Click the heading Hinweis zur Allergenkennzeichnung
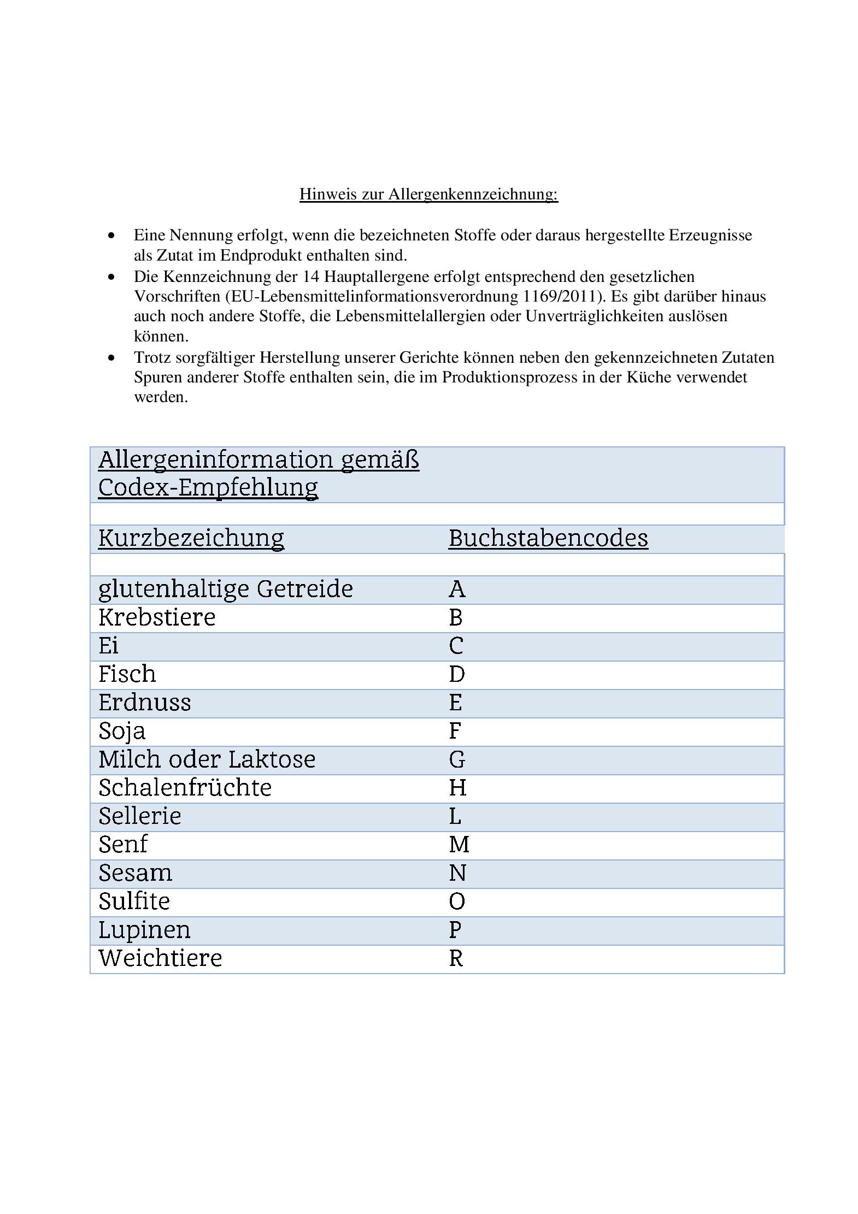point(428,194)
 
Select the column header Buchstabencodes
point(548,538)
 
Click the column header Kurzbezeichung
point(191,538)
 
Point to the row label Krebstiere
point(157,617)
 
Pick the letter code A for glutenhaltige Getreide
point(457,589)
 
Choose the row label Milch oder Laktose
point(207,759)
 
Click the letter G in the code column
point(457,759)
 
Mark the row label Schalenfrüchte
point(185,788)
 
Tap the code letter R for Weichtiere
point(456,958)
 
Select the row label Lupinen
point(144,930)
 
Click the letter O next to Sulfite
point(457,901)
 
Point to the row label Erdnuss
point(145,703)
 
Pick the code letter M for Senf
point(459,845)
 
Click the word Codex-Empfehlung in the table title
point(208,487)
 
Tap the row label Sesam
point(135,873)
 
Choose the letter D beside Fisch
point(457,674)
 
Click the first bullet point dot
point(112,235)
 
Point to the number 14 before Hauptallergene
point(310,277)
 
